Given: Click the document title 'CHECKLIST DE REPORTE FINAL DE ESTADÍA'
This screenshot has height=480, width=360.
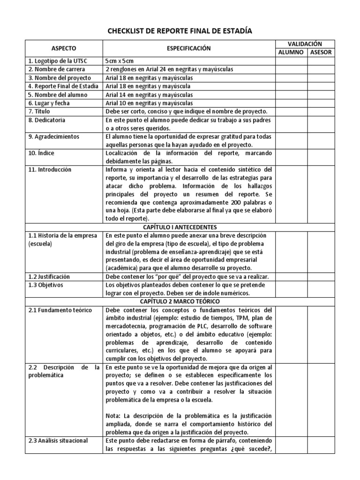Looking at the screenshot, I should [180, 31].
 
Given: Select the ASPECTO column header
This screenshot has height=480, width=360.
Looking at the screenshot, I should [64, 48].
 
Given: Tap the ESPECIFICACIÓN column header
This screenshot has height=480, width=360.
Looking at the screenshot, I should [189, 48].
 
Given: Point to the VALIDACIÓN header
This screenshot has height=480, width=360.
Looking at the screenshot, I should [304, 44].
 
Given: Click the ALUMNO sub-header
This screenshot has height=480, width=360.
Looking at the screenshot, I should [291, 52].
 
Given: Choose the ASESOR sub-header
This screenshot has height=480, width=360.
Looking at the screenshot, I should [321, 52].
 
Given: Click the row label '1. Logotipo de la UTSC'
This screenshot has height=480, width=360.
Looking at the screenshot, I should [58, 61].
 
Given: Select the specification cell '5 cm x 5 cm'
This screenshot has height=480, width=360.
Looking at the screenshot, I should [120, 61].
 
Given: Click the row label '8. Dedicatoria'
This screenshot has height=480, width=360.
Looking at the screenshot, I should [46, 120].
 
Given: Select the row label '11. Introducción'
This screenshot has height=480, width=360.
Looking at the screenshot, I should [49, 170].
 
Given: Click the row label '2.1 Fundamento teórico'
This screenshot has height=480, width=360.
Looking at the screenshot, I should [59, 310].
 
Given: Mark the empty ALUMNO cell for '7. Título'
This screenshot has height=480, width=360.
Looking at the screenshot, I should [291, 112].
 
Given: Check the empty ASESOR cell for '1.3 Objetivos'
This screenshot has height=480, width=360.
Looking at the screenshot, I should [321, 289].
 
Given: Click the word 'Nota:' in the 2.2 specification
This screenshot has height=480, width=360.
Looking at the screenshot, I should [114, 416].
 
